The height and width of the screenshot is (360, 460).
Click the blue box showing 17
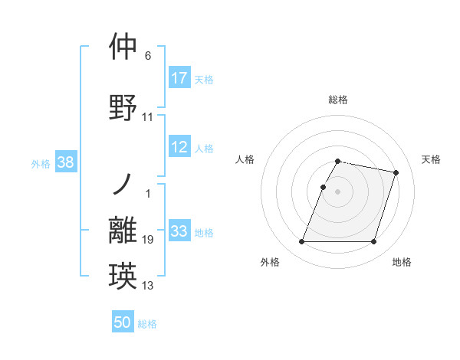pos(179,78)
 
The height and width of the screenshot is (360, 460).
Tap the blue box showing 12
pos(179,148)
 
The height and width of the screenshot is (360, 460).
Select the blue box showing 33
pos(179,232)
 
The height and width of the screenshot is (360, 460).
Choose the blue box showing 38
pos(65,162)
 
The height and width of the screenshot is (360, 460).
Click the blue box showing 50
pos(123,323)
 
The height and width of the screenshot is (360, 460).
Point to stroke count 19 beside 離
pos(148,240)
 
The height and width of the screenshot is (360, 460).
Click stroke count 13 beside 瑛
pos(148,286)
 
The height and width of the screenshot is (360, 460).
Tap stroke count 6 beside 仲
pos(148,56)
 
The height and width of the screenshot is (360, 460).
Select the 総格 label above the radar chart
pos(338,100)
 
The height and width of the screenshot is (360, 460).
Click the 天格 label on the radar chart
pos(431,159)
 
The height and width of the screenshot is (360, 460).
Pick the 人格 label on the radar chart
pos(245,159)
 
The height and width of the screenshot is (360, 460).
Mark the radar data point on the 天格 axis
pos(396,173)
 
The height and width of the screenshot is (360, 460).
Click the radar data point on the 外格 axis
pos(302,242)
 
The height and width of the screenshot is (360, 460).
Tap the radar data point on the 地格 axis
pos(373,242)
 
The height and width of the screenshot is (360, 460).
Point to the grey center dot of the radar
pos(338,191)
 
